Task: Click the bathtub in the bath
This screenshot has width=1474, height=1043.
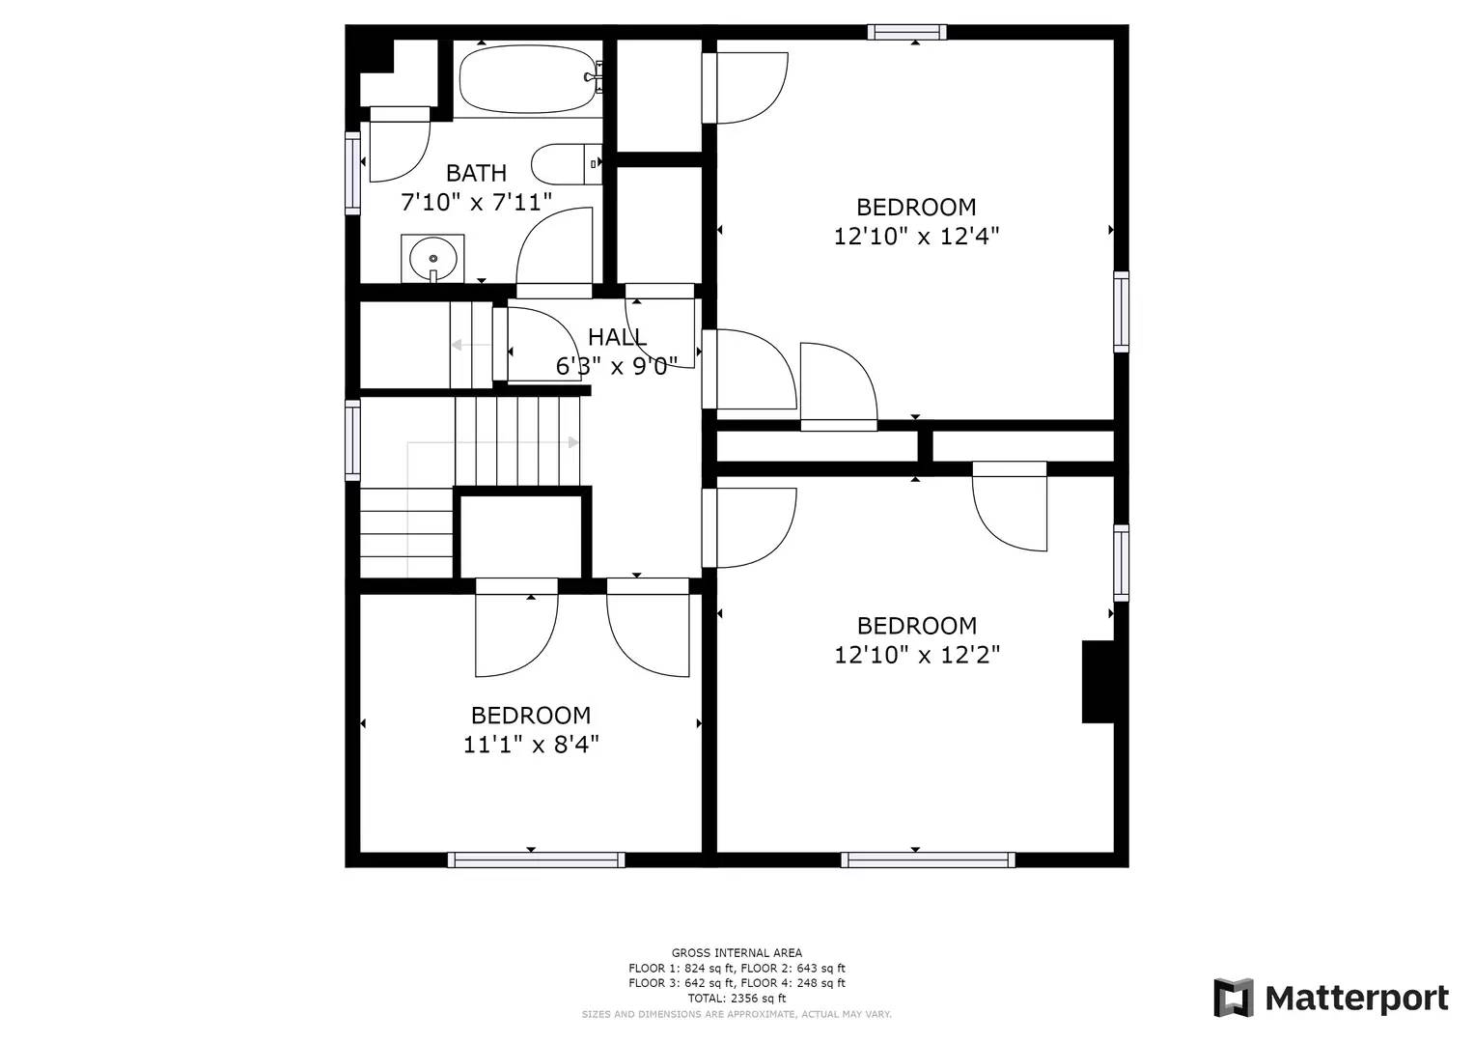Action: click(528, 80)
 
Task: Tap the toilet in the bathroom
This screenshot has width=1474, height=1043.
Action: click(563, 164)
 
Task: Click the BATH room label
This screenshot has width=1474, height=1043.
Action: click(476, 173)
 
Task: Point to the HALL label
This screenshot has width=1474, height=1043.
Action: click(617, 337)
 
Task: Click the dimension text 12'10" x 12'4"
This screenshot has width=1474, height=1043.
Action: click(916, 237)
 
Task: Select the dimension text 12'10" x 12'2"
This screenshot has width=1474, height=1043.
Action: click(916, 655)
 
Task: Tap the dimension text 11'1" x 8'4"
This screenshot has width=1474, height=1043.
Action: click(531, 745)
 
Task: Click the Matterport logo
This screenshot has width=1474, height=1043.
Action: click(1331, 998)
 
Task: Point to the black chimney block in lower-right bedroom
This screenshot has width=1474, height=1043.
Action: click(1098, 681)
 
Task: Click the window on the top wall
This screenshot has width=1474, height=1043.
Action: click(906, 32)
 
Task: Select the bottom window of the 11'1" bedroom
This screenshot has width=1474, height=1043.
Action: click(536, 860)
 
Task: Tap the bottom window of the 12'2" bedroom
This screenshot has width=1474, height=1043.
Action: click(928, 860)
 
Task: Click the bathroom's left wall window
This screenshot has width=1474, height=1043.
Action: click(352, 172)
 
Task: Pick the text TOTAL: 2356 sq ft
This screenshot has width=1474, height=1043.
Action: click(737, 999)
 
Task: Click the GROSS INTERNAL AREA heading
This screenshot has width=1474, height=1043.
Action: click(737, 953)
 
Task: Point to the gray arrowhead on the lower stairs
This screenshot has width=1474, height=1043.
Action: click(573, 442)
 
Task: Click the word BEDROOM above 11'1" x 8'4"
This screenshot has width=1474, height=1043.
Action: click(531, 716)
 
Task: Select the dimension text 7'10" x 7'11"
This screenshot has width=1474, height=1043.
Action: click(476, 202)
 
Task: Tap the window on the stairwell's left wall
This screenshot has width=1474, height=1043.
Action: click(352, 440)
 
